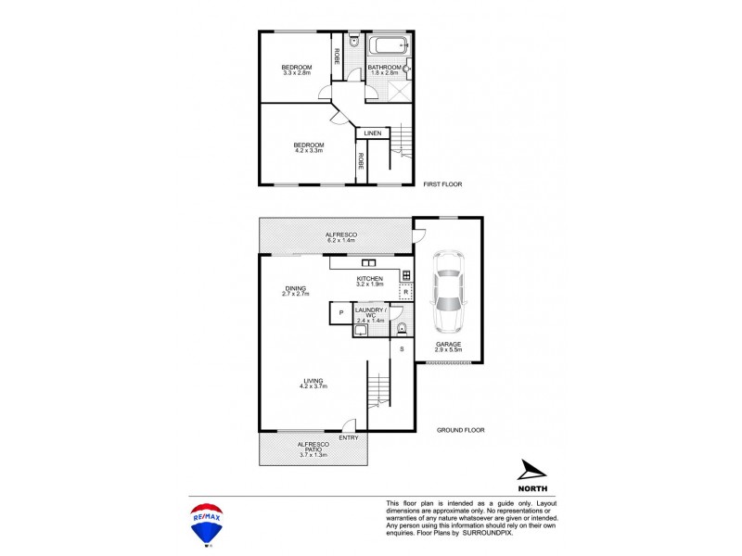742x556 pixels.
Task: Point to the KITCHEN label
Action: click(370, 278)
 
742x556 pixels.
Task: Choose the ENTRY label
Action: click(349, 438)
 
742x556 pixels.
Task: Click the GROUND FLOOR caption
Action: click(461, 430)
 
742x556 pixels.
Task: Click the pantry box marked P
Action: click(340, 313)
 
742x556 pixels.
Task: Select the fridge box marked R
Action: click(405, 292)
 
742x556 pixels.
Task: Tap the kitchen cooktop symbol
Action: click(405, 275)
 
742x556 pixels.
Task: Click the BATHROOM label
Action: click(384, 68)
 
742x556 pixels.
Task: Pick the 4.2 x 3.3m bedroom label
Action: click(309, 147)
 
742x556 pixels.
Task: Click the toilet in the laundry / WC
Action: click(402, 328)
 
